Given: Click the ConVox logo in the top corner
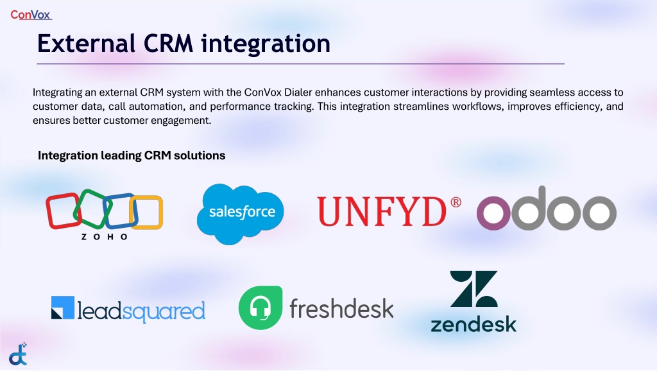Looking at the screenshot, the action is (31, 15).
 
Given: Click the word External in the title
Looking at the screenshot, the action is (87, 43).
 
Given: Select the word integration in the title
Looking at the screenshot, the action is (266, 44).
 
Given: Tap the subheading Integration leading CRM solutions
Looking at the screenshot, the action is (132, 155).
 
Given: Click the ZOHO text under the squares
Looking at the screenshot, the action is (105, 237).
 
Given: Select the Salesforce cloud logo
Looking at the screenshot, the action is (240, 214).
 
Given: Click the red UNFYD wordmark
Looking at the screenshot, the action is (382, 212).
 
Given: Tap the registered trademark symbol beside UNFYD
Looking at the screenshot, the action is (456, 202).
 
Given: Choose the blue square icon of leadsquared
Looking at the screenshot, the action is (63, 308).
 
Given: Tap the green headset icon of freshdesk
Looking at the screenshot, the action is (260, 308).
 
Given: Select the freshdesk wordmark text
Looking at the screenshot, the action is (341, 308).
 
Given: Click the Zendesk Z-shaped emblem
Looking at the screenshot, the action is (474, 289).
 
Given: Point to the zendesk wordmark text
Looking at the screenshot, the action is (474, 325).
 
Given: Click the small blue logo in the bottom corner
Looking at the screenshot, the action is (19, 354).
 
